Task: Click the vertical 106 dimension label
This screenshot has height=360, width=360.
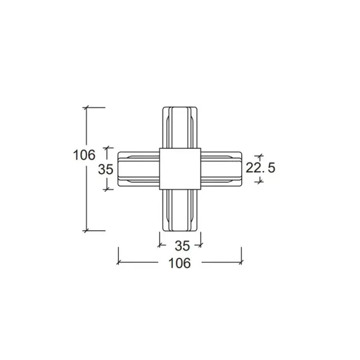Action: coord(84,155)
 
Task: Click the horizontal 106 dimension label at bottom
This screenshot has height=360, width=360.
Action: coord(179,263)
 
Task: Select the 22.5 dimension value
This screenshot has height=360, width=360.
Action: coord(260,167)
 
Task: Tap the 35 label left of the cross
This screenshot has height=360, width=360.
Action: coord(106,169)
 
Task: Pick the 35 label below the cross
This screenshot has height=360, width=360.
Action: coord(182,246)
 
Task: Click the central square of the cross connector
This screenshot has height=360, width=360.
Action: coord(180,169)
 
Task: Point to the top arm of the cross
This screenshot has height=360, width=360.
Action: coord(180,127)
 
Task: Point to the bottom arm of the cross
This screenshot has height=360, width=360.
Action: coord(180,211)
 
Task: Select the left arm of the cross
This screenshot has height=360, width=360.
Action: coord(139,169)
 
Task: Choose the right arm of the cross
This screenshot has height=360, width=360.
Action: coord(221,169)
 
